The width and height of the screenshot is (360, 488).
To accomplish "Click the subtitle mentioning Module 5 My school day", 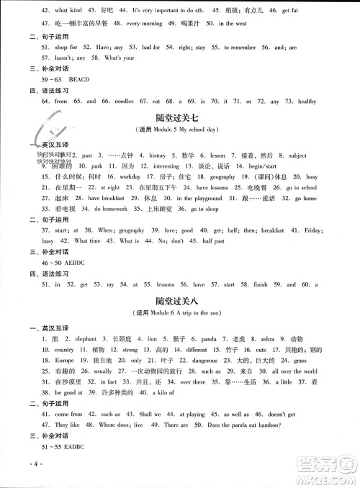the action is [x=179, y=129].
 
